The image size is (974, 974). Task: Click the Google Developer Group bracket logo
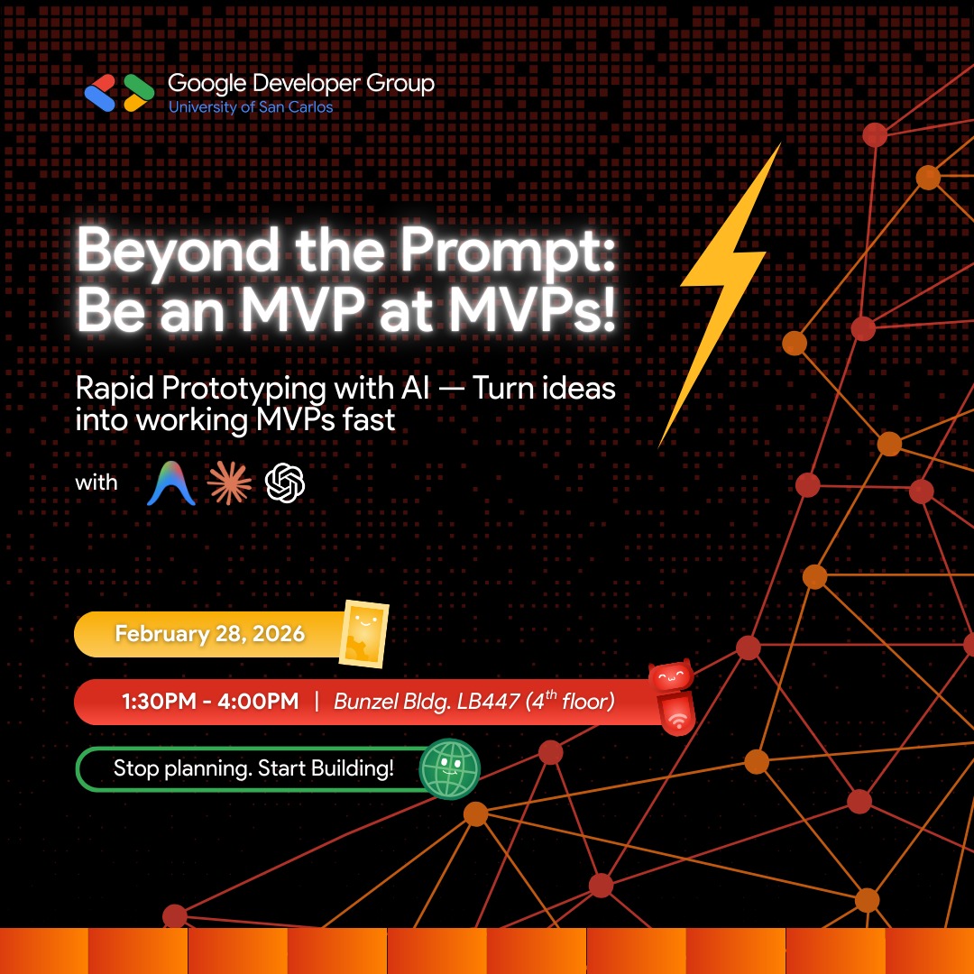pyautogui.click(x=119, y=93)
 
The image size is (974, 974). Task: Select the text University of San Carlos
pyautogui.click(x=251, y=107)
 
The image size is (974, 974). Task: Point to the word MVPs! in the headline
pyautogui.click(x=532, y=309)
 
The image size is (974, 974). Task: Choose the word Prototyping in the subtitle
pyautogui.click(x=243, y=391)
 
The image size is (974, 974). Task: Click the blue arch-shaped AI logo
pyautogui.click(x=171, y=483)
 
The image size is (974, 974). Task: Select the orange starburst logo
pyautogui.click(x=229, y=483)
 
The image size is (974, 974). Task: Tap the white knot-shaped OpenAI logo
pyautogui.click(x=285, y=482)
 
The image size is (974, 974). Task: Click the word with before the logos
pyautogui.click(x=96, y=482)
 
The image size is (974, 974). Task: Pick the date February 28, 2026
pyautogui.click(x=210, y=634)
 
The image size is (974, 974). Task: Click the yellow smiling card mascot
pyautogui.click(x=364, y=634)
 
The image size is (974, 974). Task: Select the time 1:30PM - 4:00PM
pyautogui.click(x=210, y=702)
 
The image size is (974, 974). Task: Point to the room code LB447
pyautogui.click(x=488, y=702)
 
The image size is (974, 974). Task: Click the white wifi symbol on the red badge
pyautogui.click(x=678, y=720)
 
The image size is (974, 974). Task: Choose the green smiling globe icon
pyautogui.click(x=450, y=768)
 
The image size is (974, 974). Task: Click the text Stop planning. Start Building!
pyautogui.click(x=253, y=768)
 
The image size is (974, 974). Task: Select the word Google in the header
pyautogui.click(x=207, y=83)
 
